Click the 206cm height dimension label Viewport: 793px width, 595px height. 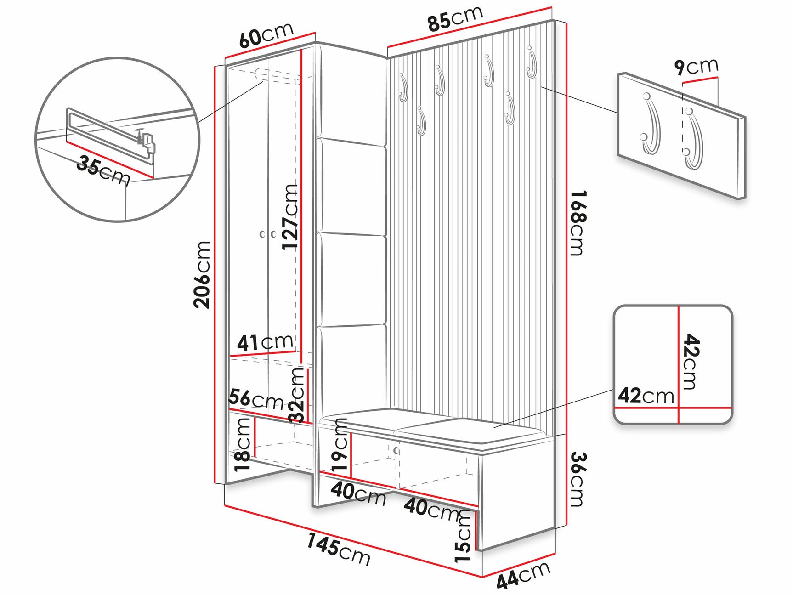202,274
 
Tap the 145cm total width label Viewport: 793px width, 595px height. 339,549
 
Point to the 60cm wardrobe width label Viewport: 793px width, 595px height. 266,34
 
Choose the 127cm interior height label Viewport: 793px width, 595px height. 290,217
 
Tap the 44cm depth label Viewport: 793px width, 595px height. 523,575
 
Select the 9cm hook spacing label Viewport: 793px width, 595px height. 697,67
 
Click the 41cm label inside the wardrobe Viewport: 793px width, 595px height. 265,342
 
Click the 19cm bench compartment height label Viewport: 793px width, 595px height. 340,446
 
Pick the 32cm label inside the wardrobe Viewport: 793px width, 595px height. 297,395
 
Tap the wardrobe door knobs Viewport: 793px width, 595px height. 267,234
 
